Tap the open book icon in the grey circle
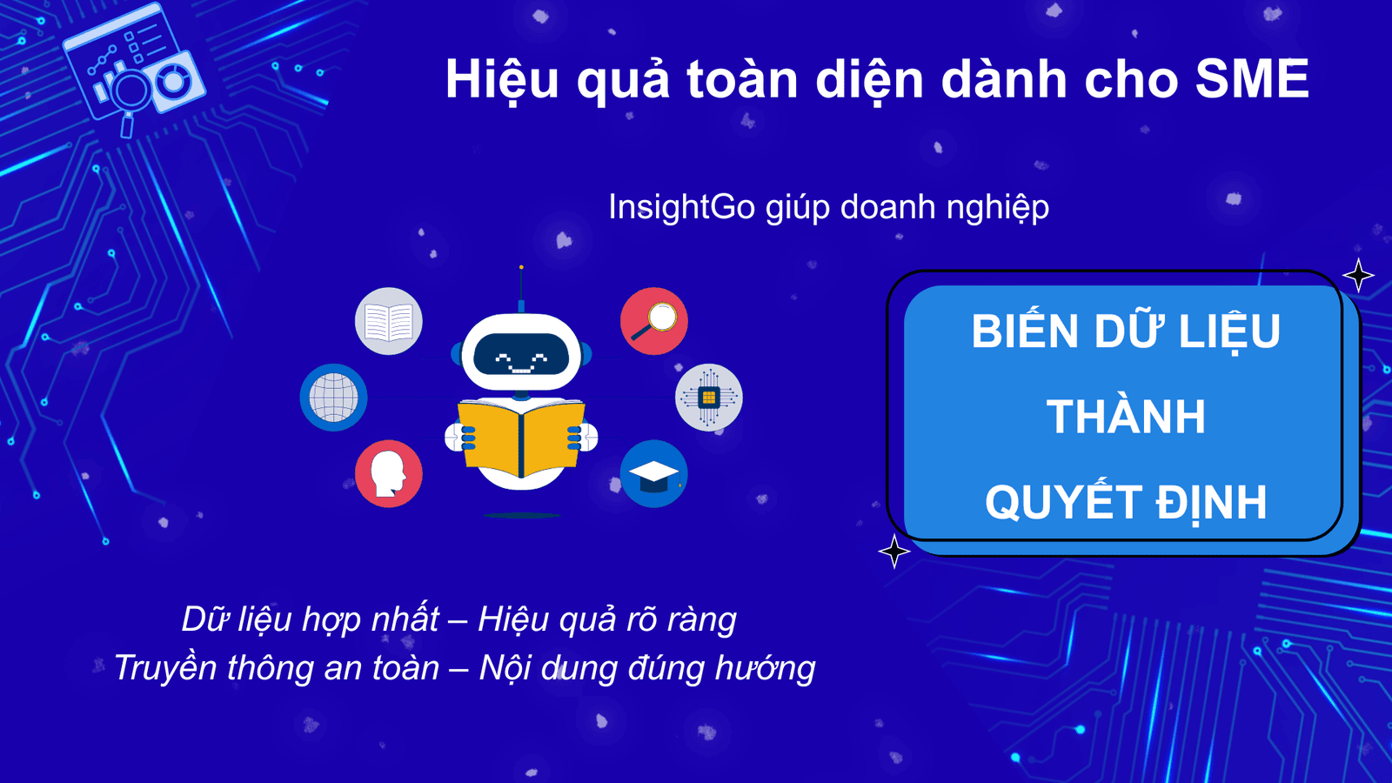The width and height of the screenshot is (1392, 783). click(x=388, y=321)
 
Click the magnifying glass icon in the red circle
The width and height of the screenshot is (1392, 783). click(x=653, y=321)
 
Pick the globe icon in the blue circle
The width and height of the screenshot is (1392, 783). click(x=334, y=398)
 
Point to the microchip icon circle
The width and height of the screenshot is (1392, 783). click(x=709, y=398)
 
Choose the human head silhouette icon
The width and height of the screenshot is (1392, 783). click(x=388, y=474)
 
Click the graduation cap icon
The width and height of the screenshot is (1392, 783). click(x=653, y=474)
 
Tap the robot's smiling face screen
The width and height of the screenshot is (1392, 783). click(x=521, y=355)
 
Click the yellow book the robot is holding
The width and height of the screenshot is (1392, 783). click(x=521, y=438)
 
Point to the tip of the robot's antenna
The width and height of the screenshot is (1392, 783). click(x=521, y=267)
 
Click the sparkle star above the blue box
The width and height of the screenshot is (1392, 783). click(x=1358, y=275)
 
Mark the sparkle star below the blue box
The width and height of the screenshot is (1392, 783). click(x=894, y=552)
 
